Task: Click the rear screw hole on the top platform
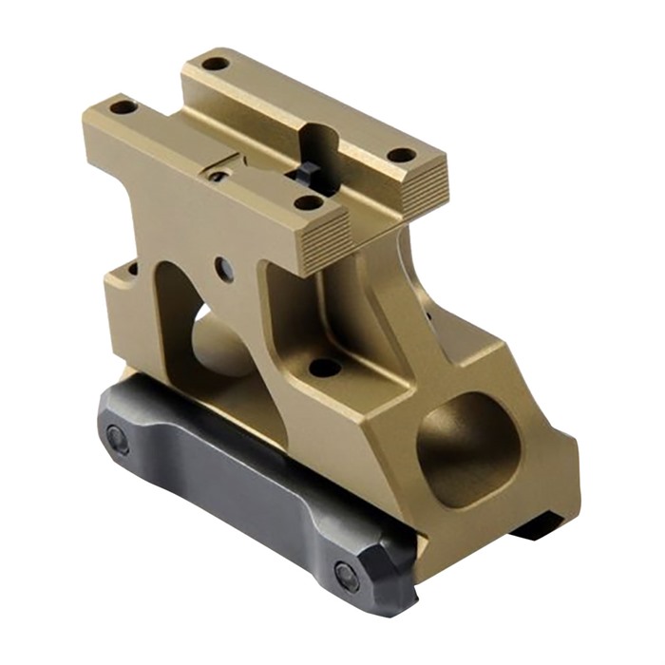[x=216, y=64]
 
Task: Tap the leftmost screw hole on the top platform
[x=123, y=107]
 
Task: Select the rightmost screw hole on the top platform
[x=402, y=154]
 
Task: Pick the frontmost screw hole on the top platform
[x=308, y=201]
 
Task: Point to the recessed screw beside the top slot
[x=218, y=176]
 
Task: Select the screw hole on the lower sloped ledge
[x=326, y=367]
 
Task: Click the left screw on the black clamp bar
[x=117, y=439]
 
